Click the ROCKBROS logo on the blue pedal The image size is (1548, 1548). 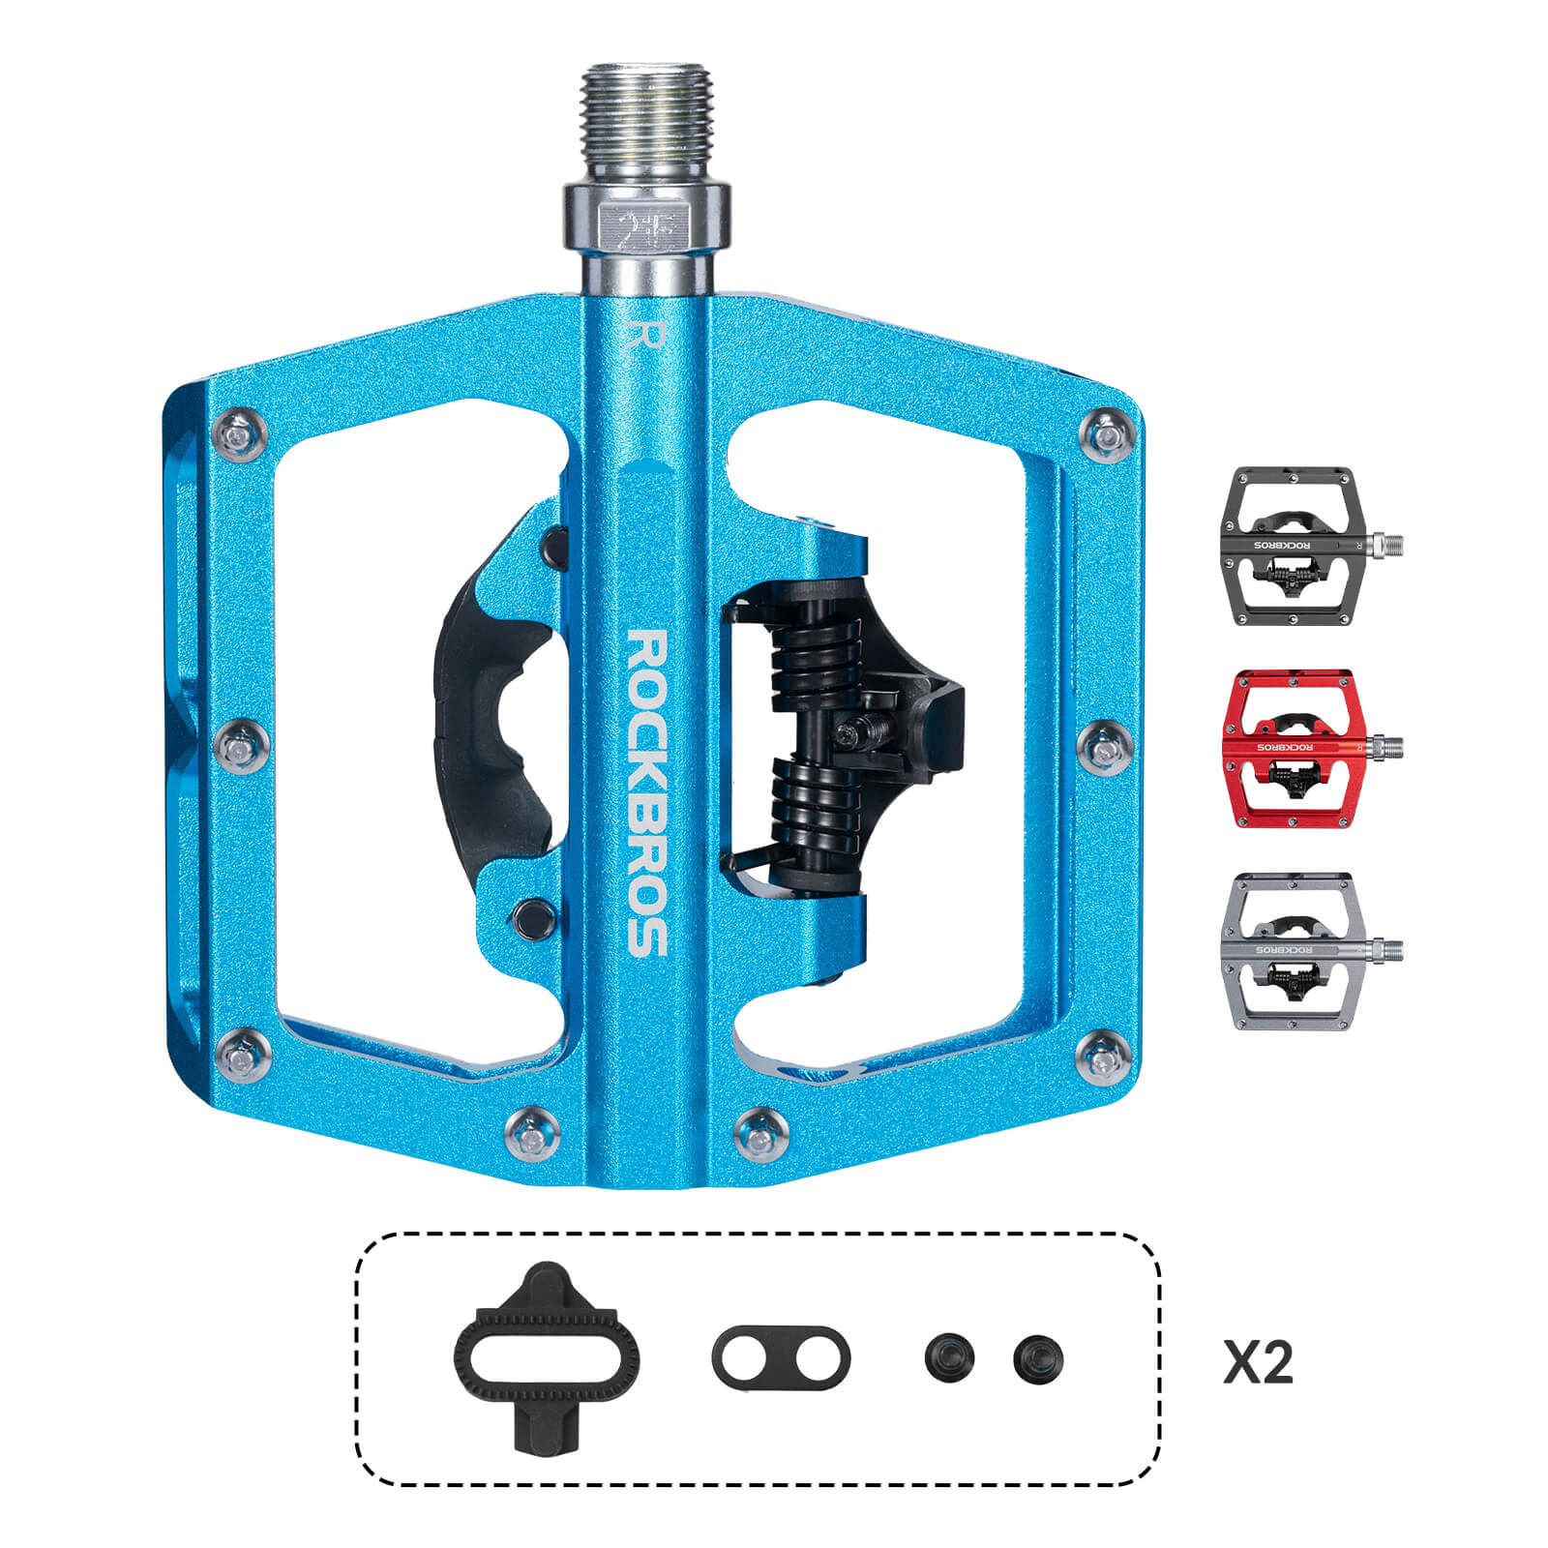click(x=647, y=792)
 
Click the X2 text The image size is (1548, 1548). click(x=1258, y=1361)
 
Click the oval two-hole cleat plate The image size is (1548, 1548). click(x=781, y=1356)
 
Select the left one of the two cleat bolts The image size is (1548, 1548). click(x=949, y=1358)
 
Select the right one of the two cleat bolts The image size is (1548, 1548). click(x=1038, y=1358)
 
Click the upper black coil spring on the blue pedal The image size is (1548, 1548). click(x=813, y=662)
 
